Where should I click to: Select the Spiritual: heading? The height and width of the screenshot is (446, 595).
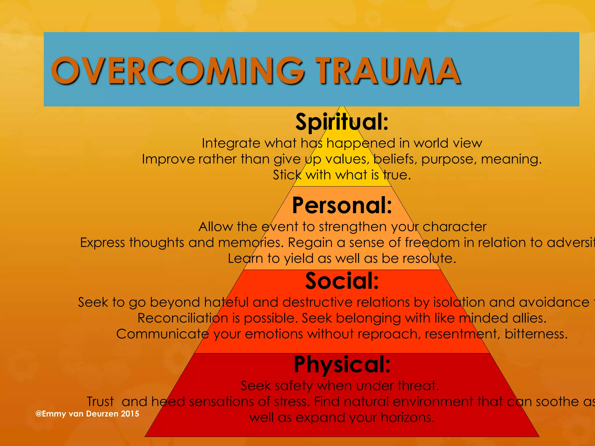click(342, 122)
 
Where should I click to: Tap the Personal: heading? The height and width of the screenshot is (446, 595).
click(342, 205)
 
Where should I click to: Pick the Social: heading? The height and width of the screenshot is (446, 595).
click(342, 281)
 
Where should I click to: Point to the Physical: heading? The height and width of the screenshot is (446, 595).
click(342, 364)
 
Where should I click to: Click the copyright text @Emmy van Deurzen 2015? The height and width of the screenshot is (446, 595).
click(87, 414)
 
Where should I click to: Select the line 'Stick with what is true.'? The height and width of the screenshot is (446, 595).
click(342, 175)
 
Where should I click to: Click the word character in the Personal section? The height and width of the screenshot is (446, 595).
click(454, 227)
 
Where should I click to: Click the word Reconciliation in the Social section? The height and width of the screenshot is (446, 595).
click(183, 318)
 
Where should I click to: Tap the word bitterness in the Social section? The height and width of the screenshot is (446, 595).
click(536, 334)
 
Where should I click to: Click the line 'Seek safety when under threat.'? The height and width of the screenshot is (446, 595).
click(340, 386)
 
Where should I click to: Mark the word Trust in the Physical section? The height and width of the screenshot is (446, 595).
click(100, 402)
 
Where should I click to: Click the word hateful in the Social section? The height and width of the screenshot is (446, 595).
click(226, 303)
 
